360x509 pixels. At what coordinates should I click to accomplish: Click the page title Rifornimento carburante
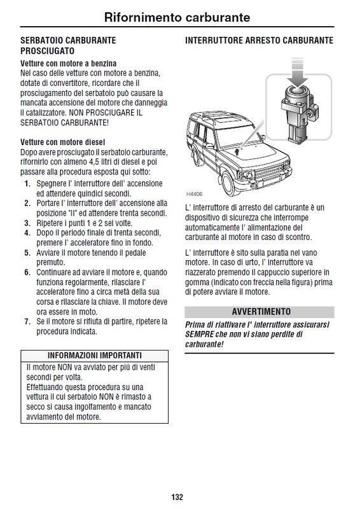coord(177,17)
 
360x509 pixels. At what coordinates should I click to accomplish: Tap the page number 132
coord(177,497)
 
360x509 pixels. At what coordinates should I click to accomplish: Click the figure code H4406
coord(194,194)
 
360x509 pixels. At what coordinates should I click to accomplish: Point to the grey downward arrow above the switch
coord(297,72)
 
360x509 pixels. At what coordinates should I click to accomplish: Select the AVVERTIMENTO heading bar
coord(260,312)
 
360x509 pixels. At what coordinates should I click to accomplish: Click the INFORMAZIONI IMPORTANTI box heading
coord(95,356)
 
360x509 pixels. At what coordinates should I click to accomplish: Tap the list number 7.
coord(27,322)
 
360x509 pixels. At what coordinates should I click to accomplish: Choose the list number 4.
coord(27,233)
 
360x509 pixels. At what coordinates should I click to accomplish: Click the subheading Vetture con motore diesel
coord(63,142)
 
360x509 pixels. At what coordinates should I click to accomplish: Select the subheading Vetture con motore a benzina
coord(68,63)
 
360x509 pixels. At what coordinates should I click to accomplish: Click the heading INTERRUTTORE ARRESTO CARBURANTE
coord(259,40)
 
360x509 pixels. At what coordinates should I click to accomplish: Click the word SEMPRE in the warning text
coord(199,335)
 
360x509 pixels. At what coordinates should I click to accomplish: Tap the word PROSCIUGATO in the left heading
coord(48,51)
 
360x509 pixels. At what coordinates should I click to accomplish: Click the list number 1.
coord(27,184)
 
